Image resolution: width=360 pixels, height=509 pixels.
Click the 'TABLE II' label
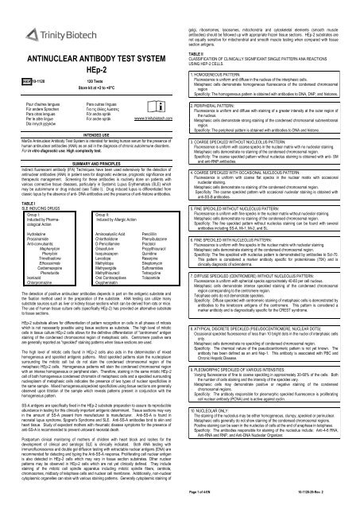tap(194, 52)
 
